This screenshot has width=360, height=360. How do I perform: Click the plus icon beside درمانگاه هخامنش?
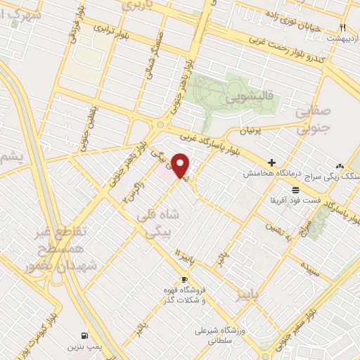271,162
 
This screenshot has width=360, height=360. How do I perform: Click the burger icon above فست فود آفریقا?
295,190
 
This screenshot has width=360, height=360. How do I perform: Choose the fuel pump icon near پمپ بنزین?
85,335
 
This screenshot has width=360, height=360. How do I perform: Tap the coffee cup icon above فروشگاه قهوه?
184,280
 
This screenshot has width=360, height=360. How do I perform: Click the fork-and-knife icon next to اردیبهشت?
343,27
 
